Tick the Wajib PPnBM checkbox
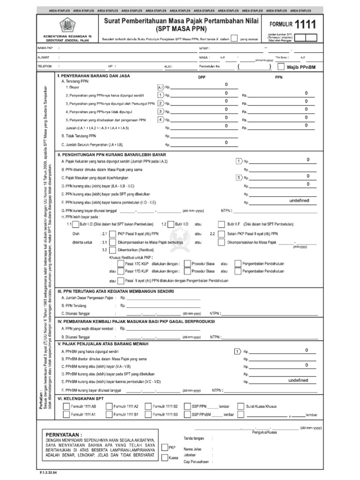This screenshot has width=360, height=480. (281, 67)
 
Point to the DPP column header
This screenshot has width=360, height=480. (202, 77)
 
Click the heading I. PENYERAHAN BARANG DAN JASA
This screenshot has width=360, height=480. (93, 75)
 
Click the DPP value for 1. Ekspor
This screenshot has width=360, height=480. (226, 85)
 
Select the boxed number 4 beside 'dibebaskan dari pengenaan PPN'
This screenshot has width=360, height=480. (160, 120)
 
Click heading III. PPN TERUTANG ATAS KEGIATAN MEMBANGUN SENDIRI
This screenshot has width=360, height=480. (115, 291)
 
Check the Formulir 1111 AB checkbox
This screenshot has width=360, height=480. (66, 407)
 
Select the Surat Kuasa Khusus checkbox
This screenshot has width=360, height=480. (240, 407)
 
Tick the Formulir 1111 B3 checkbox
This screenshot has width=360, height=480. (148, 415)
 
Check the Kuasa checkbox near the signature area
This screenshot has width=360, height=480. (165, 457)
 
